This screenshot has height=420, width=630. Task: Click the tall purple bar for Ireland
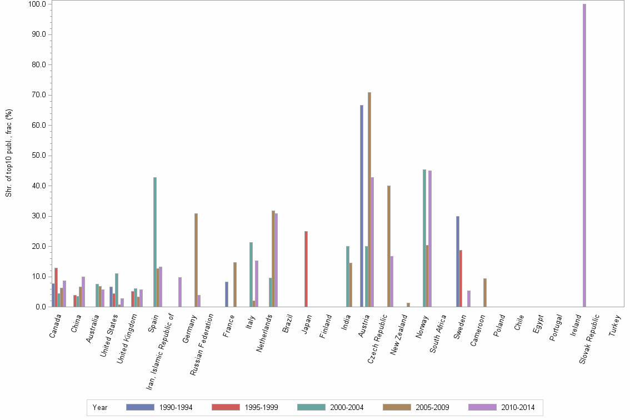584,156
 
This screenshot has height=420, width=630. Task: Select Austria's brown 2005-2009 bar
369,200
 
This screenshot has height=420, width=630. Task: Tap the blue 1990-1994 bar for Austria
362,206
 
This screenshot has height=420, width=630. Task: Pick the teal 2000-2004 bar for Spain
155,242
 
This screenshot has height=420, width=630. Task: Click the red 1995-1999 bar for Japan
306,269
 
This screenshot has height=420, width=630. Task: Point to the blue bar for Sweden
458,261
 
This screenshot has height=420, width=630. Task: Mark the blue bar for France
227,294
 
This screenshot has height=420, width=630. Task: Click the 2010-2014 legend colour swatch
482,407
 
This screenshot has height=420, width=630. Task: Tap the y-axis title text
9,153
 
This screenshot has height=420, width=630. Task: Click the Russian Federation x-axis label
202,344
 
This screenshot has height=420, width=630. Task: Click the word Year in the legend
100,407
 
